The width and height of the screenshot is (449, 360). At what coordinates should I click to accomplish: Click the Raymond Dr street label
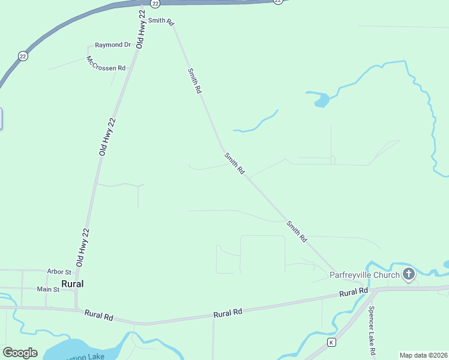coord(113,45)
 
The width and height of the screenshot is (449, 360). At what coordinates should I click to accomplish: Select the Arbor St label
coord(59,272)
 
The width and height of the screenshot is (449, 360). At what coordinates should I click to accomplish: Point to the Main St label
coord(49,289)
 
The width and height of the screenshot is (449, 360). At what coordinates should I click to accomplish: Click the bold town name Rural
coord(72,284)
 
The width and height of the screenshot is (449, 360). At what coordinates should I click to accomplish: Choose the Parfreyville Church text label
coord(364,275)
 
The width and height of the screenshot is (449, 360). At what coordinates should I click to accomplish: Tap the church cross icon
coord(409,275)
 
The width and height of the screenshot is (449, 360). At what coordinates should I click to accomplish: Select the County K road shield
coord(331,342)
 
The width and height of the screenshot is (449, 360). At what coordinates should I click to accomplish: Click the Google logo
coord(20,353)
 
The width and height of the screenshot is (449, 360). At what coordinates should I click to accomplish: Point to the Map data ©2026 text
coord(424,355)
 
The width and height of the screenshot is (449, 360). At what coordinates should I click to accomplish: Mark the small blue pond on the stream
coord(321,100)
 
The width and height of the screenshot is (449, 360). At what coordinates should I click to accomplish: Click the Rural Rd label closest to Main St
coord(99,314)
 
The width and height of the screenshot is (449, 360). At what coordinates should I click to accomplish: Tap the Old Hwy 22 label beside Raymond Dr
coord(141,29)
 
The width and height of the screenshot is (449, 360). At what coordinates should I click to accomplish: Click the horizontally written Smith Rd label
coord(161,21)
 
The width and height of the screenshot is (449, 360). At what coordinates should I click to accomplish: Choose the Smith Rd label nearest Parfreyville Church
coord(297,232)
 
